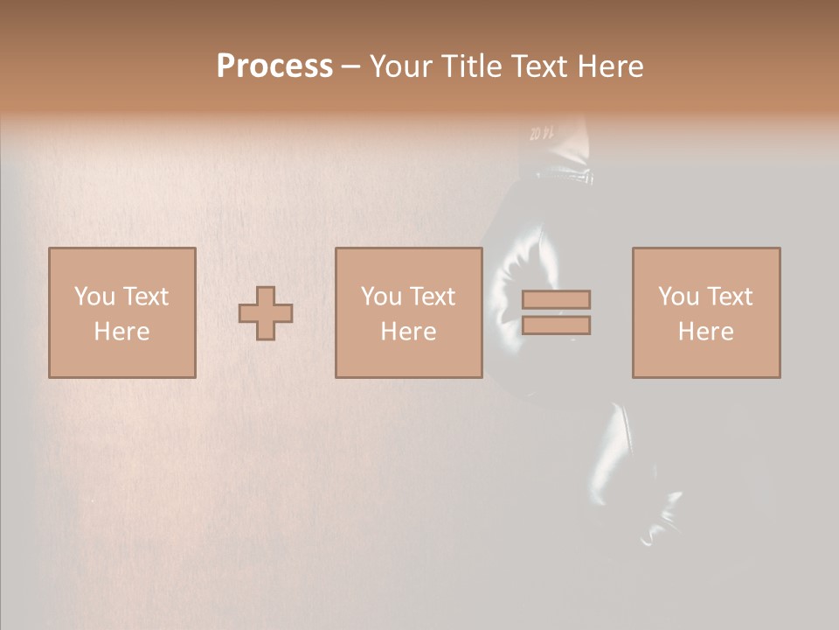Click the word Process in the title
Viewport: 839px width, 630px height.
tap(274, 66)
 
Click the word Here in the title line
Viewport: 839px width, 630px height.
tap(609, 66)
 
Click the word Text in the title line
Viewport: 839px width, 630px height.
tap(537, 66)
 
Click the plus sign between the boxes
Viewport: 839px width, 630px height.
tap(266, 312)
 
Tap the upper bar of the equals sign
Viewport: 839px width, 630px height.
tap(556, 299)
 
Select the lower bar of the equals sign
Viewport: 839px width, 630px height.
tap(556, 325)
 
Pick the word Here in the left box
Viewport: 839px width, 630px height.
tap(121, 332)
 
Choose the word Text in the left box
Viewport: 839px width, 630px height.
tap(145, 297)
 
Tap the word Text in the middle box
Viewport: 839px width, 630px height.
tap(432, 297)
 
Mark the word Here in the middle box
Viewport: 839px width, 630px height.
tap(408, 332)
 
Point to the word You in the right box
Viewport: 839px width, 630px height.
tap(679, 297)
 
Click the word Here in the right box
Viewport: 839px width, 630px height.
tap(705, 332)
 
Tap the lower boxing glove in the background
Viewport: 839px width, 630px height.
tap(634, 472)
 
